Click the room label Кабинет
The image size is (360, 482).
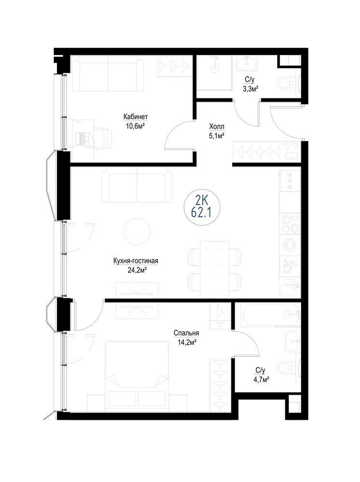click(x=135, y=117)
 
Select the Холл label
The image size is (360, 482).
click(x=216, y=127)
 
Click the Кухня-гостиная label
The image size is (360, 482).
click(x=135, y=261)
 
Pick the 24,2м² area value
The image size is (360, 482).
click(x=135, y=269)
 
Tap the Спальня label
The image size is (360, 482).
click(x=187, y=333)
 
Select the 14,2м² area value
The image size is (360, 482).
click(x=187, y=342)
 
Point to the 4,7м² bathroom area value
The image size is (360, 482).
click(x=260, y=380)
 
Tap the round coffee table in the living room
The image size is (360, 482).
click(x=137, y=231)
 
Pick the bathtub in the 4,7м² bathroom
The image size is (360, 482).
click(x=270, y=315)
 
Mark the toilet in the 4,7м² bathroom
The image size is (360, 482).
click(x=288, y=368)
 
